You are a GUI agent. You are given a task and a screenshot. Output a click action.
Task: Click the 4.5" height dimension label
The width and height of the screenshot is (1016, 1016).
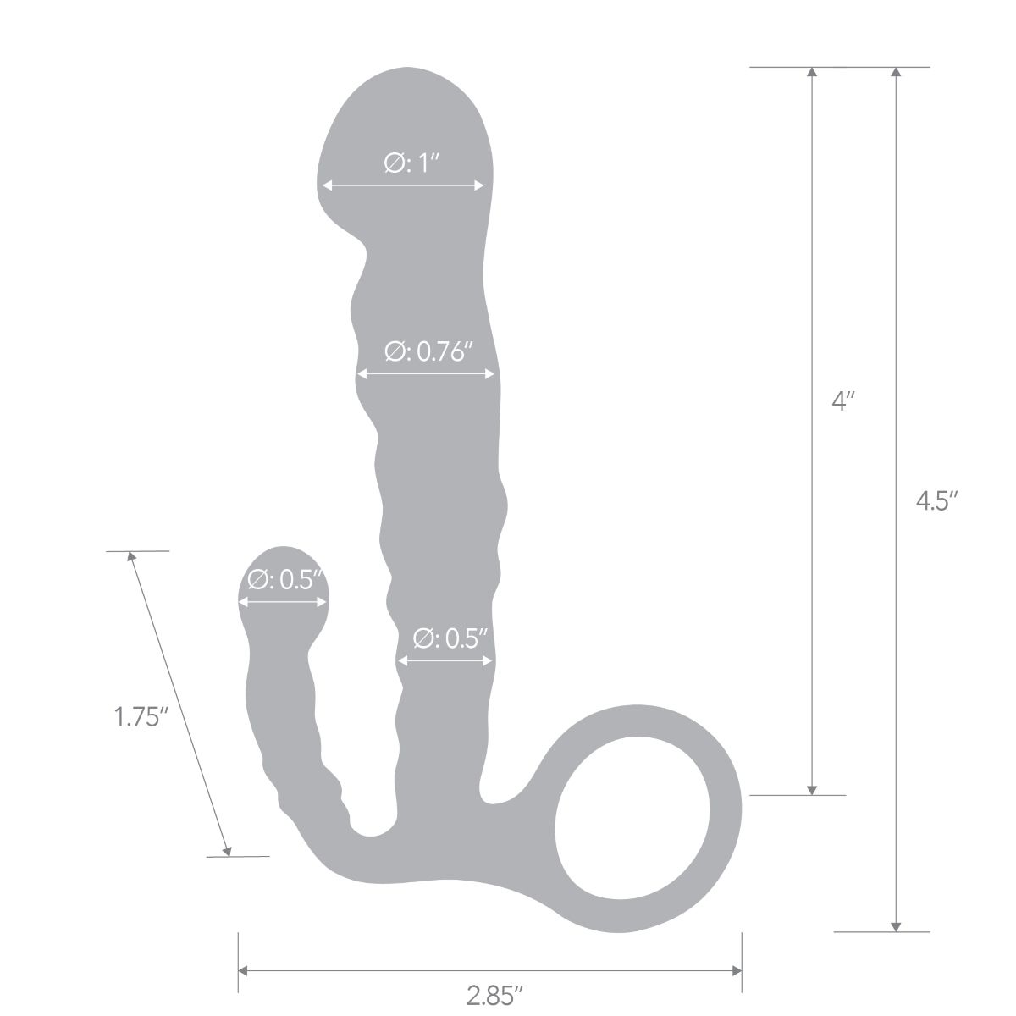coord(936,501)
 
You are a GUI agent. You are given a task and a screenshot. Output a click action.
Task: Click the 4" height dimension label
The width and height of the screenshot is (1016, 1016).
coord(839,401)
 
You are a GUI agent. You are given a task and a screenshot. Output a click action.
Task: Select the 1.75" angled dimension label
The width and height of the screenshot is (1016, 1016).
coord(137,717)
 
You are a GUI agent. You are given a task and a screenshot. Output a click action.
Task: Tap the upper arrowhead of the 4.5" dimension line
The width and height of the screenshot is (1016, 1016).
coord(896,72)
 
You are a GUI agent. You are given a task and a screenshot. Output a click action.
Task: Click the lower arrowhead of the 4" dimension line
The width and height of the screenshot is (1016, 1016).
coord(812,789)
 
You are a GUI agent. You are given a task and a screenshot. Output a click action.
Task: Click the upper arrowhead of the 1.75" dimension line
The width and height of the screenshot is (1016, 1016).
coord(132,557)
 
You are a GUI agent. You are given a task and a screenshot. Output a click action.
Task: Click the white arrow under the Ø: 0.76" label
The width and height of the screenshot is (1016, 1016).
coord(426,373)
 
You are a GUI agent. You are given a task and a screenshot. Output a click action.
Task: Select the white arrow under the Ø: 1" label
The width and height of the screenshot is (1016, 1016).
coord(402,185)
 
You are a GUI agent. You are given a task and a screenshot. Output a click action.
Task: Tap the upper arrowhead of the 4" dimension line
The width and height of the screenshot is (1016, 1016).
coord(812,72)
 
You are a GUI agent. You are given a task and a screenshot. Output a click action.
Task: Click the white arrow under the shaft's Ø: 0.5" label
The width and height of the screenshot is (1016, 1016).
coord(445,660)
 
